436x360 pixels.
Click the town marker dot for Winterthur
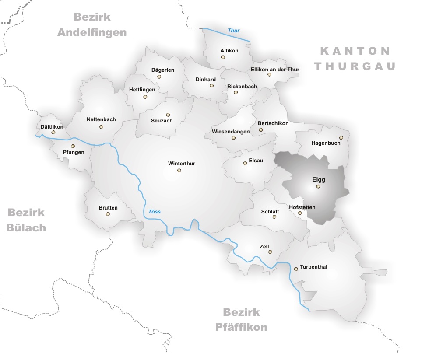point(179,171)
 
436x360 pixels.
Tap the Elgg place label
point(318,179)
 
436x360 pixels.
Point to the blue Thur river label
point(234,31)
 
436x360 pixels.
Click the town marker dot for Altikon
point(223,57)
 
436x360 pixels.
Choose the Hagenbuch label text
point(325,143)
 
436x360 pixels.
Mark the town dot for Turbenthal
point(296,269)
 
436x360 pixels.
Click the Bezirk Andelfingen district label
point(92,24)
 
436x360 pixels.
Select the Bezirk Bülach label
point(26,220)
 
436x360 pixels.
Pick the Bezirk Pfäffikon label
point(241,319)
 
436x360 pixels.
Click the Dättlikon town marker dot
point(53,132)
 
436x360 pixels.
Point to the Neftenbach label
point(101,119)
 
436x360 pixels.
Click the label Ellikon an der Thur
point(275,70)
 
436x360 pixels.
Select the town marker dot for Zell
point(271,252)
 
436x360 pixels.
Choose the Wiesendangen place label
point(230,132)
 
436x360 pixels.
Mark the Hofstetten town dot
point(300,213)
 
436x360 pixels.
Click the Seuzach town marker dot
point(168,115)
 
